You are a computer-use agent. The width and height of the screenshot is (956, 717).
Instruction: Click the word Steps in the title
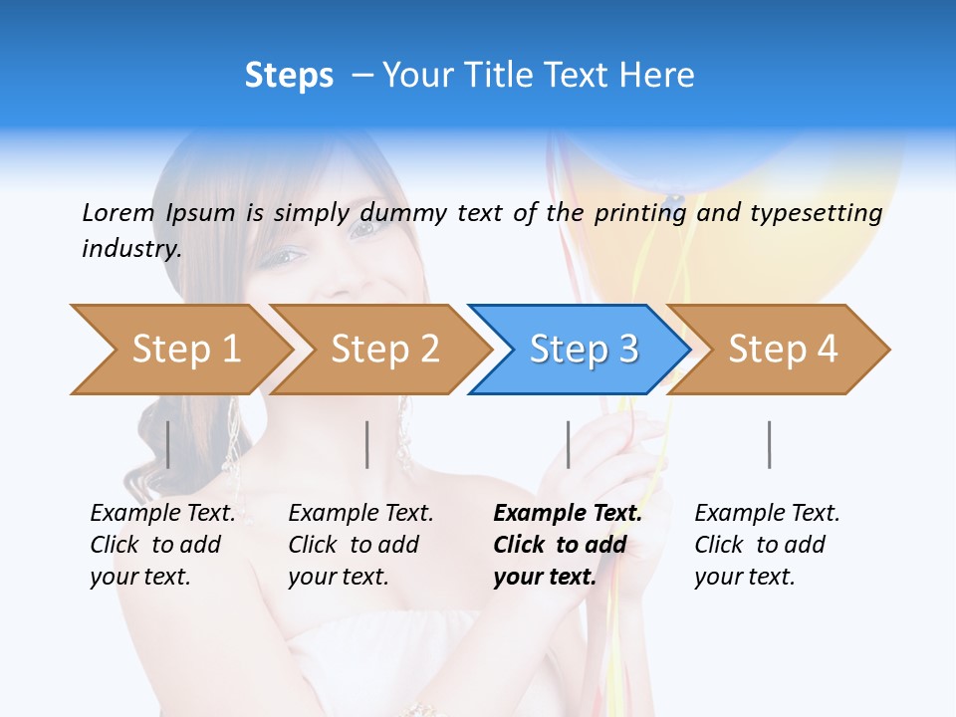click(289, 76)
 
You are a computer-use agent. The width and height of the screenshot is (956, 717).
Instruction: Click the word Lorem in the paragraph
click(118, 212)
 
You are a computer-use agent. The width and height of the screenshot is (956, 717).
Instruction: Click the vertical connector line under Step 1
click(168, 444)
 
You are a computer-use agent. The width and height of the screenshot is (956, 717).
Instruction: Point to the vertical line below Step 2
click(367, 444)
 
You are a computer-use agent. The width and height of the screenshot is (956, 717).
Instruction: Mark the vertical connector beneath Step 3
click(569, 444)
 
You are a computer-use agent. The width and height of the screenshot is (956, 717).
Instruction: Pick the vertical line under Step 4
click(770, 444)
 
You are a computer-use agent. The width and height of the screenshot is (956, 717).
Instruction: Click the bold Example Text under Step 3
click(568, 513)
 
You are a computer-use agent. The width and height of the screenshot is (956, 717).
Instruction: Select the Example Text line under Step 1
click(162, 513)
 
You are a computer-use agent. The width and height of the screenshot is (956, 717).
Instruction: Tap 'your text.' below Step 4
click(744, 577)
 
